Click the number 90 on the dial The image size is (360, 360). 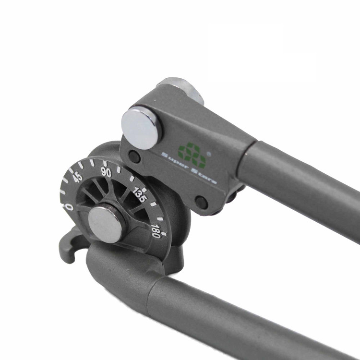coord(106,172)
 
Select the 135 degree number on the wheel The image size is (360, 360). coord(139,195)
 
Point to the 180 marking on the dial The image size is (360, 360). coord(156,231)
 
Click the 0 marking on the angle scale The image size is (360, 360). coord(69,207)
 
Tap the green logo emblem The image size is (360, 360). coord(192,155)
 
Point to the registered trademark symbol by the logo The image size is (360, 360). coord(209,154)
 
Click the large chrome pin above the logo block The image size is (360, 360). coord(141,129)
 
